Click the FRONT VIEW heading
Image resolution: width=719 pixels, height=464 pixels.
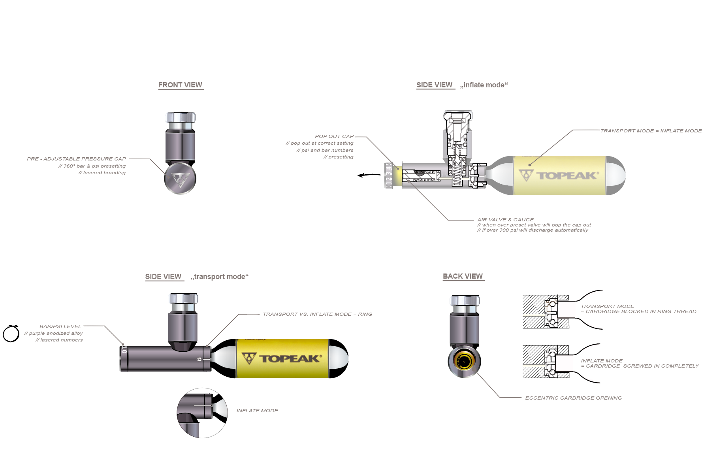pos(180,85)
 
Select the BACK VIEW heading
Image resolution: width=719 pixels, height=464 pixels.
pos(463,276)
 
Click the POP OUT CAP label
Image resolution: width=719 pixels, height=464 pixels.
pos(334,136)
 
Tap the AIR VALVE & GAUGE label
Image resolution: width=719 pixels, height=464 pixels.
pos(505,220)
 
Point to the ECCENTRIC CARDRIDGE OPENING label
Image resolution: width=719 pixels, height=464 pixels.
pos(573,398)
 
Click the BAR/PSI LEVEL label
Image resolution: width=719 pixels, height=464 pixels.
pos(60,326)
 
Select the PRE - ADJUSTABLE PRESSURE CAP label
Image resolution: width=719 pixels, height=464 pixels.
pos(76,159)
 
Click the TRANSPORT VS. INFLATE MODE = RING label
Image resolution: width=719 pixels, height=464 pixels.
pos(317,314)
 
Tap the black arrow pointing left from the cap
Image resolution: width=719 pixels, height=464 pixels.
pos(369,175)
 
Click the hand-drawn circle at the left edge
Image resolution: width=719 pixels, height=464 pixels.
pos(11,334)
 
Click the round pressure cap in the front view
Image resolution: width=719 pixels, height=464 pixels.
pos(180,179)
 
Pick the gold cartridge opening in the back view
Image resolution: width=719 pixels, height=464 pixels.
pos(464,361)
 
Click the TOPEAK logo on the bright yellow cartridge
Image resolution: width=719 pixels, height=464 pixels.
pos(282,358)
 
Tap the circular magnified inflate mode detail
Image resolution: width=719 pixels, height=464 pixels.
pos(202,413)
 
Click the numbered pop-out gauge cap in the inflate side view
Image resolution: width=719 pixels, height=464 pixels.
pos(389,175)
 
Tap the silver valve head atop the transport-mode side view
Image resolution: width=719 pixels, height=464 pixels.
pos(183,303)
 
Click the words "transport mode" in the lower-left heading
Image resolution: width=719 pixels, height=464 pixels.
pos(220,277)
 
